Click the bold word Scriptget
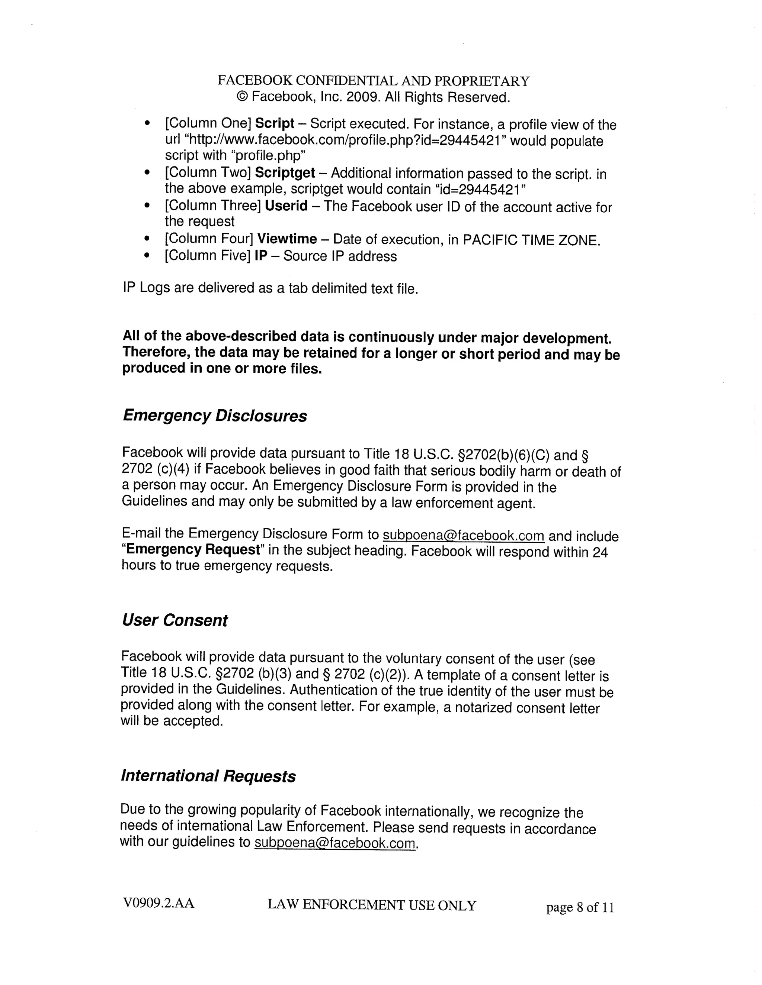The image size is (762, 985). (x=285, y=173)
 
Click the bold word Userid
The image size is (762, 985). (x=286, y=206)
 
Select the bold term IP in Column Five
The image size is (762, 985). (x=260, y=256)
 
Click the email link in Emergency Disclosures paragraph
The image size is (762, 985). (x=463, y=535)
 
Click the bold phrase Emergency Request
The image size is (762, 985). (x=193, y=550)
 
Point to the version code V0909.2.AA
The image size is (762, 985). (x=159, y=903)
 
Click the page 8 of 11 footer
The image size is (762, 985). (x=580, y=907)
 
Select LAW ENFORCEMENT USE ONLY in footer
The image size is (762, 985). (x=372, y=905)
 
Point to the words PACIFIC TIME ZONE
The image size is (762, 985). (x=531, y=240)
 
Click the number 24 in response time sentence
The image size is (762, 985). (x=600, y=552)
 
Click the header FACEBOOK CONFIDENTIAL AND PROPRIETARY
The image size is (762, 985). (x=373, y=81)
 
